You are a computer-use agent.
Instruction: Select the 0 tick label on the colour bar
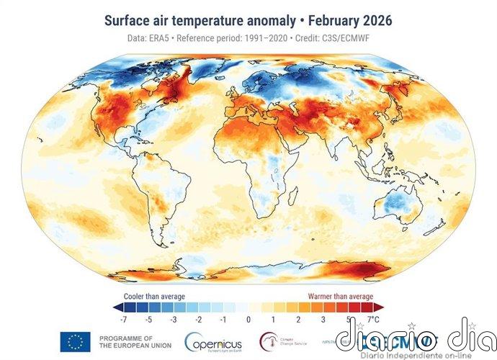coord(248,318)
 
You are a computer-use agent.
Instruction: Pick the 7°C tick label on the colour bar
coord(373,318)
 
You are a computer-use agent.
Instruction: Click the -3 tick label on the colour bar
coord(173,318)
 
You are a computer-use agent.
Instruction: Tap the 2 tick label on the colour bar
coord(298,318)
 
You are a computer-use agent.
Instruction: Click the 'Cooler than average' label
coord(155,296)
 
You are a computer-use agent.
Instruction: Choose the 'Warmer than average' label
coord(341,296)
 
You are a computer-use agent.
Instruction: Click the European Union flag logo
coord(75,342)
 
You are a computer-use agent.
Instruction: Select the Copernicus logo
coord(214,342)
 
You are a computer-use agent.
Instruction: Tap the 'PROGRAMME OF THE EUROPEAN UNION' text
coord(126,342)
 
